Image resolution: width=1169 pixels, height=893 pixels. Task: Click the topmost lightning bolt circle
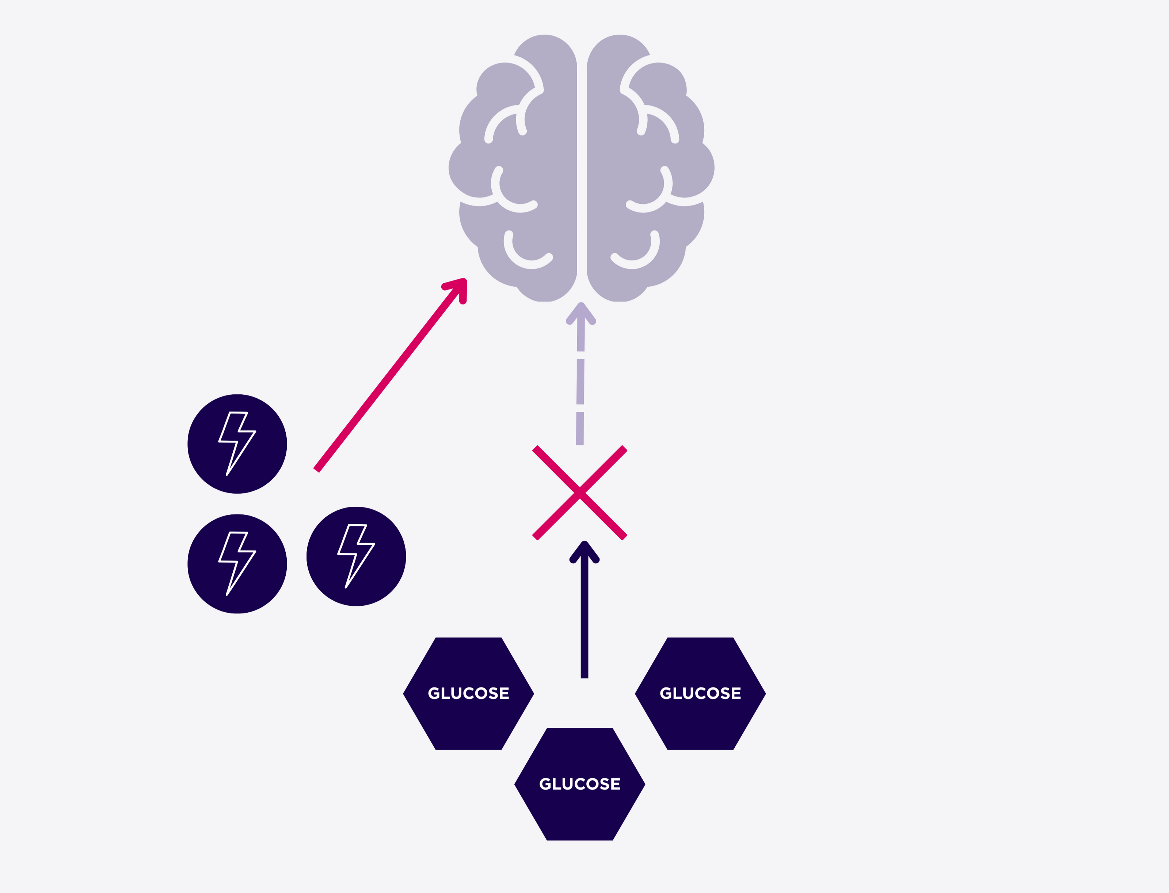pos(237,444)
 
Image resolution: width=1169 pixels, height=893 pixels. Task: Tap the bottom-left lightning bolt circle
pos(237,563)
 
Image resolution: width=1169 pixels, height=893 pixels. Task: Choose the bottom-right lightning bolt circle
pos(356,556)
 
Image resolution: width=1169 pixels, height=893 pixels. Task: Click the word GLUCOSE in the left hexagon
pos(469,693)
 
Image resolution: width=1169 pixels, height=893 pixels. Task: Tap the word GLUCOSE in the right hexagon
pos(700,693)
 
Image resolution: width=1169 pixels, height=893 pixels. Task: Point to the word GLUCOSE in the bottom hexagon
pos(580,783)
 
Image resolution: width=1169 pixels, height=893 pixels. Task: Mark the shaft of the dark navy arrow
pos(584,622)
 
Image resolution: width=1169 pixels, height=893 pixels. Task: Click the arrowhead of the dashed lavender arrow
pos(581,314)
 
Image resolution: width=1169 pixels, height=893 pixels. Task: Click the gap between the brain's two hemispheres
pos(582,170)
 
